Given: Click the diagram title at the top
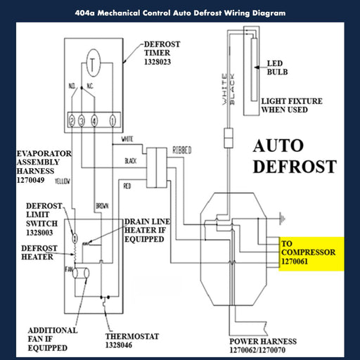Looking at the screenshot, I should (180, 13).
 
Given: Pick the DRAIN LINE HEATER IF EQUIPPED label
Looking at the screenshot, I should (149, 229).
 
